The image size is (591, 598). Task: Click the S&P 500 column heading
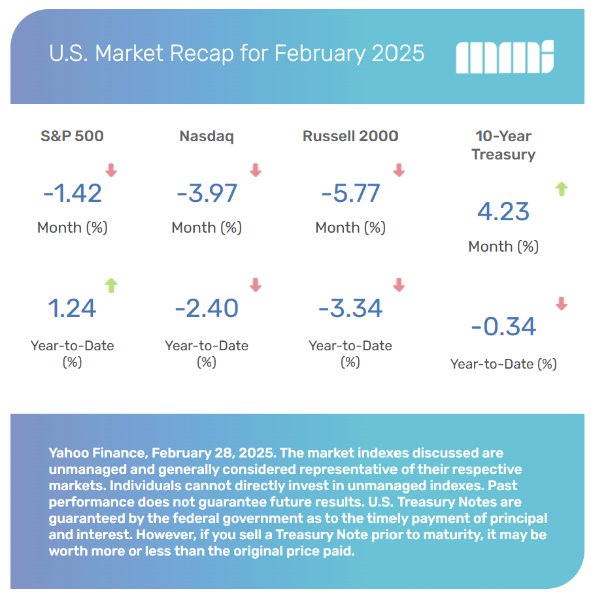[72, 136]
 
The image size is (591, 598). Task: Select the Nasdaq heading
[207, 136]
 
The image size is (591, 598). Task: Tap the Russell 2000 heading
[350, 136]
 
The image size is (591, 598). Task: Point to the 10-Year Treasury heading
[503, 145]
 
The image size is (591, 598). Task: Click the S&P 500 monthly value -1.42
[73, 193]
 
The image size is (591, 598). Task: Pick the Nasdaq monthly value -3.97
[207, 193]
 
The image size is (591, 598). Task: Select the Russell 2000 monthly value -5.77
[350, 193]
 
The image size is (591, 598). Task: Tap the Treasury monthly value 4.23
[503, 212]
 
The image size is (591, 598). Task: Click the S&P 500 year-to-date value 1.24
[73, 308]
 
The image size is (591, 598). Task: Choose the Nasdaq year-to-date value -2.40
[207, 308]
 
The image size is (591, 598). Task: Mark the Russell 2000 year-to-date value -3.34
[350, 308]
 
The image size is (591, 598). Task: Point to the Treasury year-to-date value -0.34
[503, 326]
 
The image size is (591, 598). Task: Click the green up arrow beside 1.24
[111, 285]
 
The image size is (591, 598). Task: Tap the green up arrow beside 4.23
[561, 189]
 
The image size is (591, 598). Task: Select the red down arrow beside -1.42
[111, 171]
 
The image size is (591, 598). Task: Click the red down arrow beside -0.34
[561, 303]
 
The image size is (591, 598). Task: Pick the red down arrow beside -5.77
[398, 171]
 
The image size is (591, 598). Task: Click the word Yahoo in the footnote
[67, 453]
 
